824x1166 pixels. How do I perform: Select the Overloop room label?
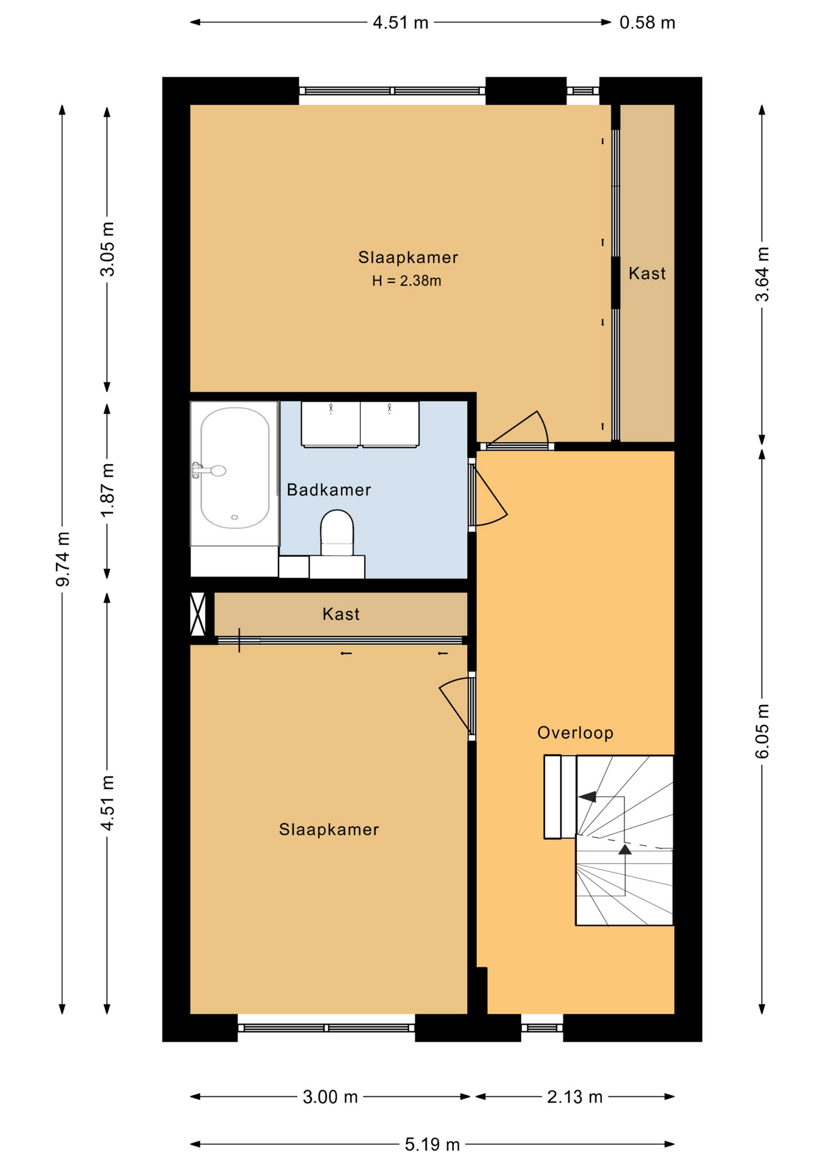[x=575, y=733]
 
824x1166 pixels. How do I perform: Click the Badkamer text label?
[x=329, y=490]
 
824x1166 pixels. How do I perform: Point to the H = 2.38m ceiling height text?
[x=407, y=281]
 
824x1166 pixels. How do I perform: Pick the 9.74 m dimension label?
[x=63, y=559]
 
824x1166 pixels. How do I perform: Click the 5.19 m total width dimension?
[x=432, y=1145]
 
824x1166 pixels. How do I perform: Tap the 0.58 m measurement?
[x=647, y=23]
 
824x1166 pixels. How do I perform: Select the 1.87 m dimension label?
[x=107, y=490]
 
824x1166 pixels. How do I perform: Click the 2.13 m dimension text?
[x=575, y=1097]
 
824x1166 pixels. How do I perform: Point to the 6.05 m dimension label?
[x=762, y=731]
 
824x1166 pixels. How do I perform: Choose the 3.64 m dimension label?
[x=762, y=274]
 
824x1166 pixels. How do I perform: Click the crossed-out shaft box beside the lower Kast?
[x=198, y=614]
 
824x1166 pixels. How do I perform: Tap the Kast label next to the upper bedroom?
[x=647, y=274]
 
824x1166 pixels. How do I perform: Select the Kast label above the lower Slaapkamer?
[x=341, y=615]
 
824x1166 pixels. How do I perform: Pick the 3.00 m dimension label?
[x=330, y=1097]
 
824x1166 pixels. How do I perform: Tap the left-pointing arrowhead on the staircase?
[x=587, y=797]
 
